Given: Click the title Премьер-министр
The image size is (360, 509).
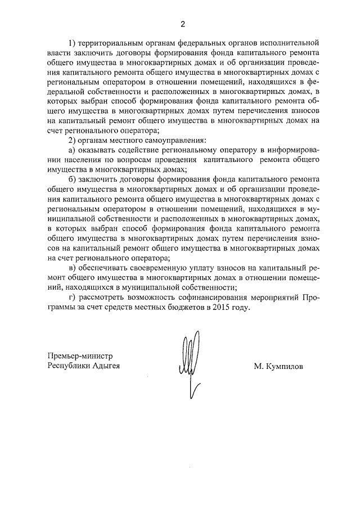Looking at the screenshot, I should pos(81,355).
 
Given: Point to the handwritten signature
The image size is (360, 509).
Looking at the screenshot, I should pos(188,360).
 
